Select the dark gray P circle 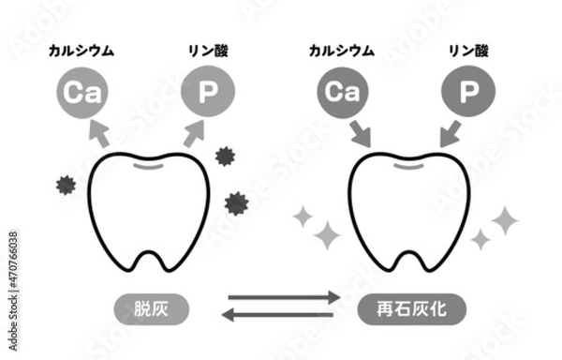tap(465, 92)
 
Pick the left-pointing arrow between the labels tap(281, 316)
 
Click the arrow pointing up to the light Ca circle tap(96, 134)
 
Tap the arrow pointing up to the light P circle tap(191, 133)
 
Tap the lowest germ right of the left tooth tap(236, 202)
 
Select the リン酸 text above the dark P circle tap(465, 50)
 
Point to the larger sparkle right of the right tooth tap(504, 220)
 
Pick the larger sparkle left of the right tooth tap(326, 234)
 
